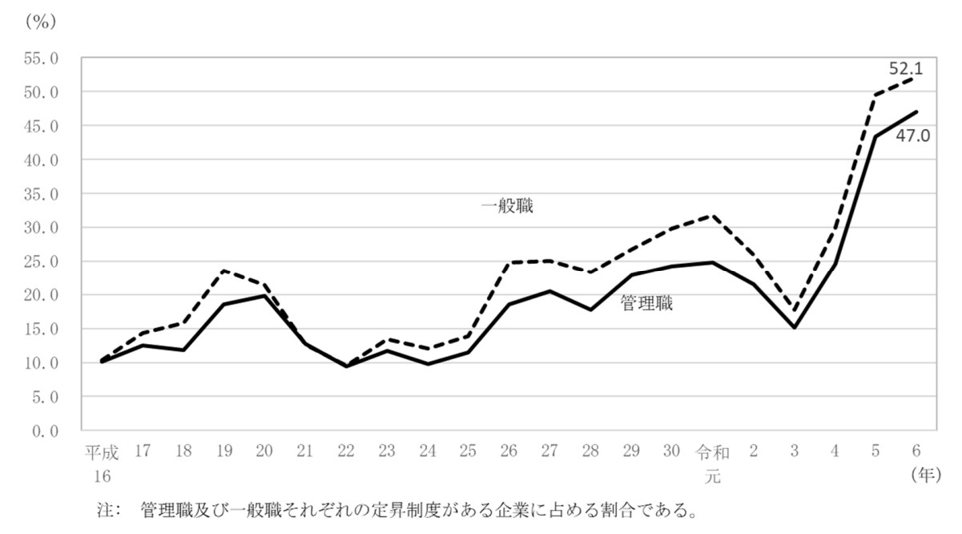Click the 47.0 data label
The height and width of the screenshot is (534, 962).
tap(912, 136)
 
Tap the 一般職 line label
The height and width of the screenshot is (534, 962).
tap(507, 207)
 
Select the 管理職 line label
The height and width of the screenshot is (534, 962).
tap(646, 305)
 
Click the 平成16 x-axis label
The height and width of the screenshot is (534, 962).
tap(102, 462)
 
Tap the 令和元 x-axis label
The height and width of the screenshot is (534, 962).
tap(713, 462)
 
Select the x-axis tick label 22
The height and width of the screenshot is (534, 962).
tap(346, 452)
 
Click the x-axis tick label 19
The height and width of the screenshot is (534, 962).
tap(223, 452)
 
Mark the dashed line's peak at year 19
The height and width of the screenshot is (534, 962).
tap(223, 270)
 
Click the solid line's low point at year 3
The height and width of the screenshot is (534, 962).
tap(795, 328)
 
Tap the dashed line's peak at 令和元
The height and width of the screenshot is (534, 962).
tap(713, 215)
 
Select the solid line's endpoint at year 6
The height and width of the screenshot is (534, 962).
tap(917, 111)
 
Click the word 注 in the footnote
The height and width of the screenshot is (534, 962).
tap(102, 508)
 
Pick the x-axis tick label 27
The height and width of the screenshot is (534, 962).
tap(550, 452)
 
